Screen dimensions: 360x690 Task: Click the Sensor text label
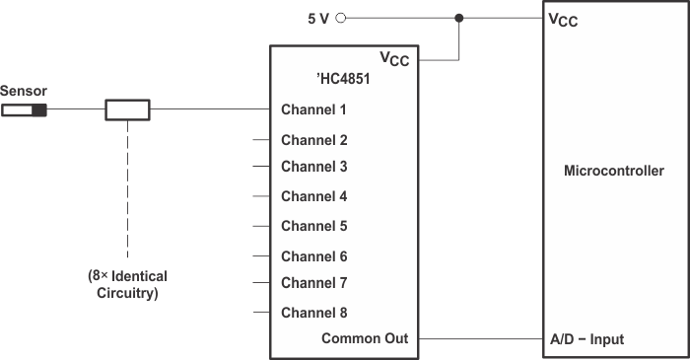pyautogui.click(x=23, y=91)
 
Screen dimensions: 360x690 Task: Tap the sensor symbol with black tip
pyautogui.click(x=25, y=108)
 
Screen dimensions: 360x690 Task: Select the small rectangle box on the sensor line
pyautogui.click(x=127, y=108)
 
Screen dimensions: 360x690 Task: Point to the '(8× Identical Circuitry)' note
pyautogui.click(x=126, y=283)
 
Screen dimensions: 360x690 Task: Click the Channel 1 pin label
pyautogui.click(x=313, y=109)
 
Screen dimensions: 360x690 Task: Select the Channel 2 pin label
pyautogui.click(x=313, y=140)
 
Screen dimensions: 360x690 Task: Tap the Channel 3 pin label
pyautogui.click(x=313, y=167)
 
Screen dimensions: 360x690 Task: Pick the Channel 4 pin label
pyautogui.click(x=313, y=196)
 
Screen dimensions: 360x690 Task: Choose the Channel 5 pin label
pyautogui.click(x=313, y=226)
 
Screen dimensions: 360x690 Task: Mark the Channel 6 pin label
pyautogui.click(x=313, y=256)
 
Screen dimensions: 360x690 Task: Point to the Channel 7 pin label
pyautogui.click(x=313, y=283)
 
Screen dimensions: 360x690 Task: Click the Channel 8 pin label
pyautogui.click(x=313, y=314)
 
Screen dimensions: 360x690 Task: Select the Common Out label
pyautogui.click(x=364, y=339)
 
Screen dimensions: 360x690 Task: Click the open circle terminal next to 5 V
pyautogui.click(x=341, y=17)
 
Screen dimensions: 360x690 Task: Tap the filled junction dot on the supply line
pyautogui.click(x=459, y=17)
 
